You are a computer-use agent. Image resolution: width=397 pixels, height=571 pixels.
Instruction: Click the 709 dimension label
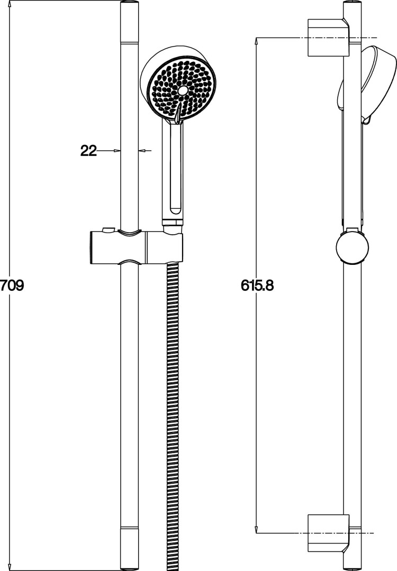[12, 285]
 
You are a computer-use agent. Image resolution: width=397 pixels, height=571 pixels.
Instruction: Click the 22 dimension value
[88, 150]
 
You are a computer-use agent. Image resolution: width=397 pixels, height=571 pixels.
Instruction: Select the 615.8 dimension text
[257, 285]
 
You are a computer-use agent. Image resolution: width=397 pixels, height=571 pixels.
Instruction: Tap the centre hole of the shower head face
[183, 90]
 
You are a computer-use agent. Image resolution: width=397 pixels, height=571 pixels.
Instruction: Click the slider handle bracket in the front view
[136, 246]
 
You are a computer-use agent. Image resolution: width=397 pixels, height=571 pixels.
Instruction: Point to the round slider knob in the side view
[352, 247]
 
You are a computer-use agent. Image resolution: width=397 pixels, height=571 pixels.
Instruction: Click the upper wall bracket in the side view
[329, 38]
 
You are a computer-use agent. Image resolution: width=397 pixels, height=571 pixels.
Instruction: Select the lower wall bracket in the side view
[329, 533]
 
